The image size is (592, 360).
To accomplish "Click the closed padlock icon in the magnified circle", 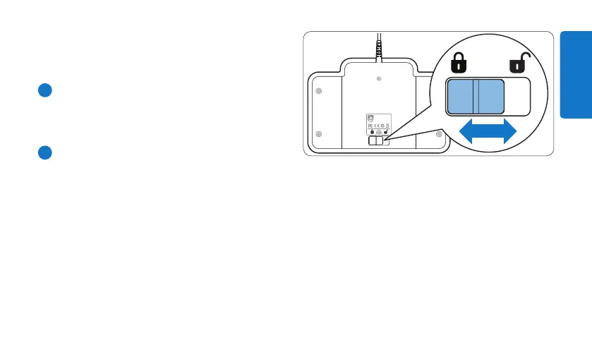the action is pos(459,66).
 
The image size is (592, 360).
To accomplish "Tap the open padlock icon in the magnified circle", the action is pos(518,66).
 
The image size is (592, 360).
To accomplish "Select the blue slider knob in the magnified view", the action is pos(476,96).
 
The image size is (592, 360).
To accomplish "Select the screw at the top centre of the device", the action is pos(380,79).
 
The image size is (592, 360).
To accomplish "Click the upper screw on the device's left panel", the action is pos(319,91).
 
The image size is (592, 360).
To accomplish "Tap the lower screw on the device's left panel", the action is pos(319,134).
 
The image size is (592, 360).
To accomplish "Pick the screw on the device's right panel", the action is pos(438,133).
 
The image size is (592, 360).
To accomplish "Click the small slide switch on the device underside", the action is pos(377,141).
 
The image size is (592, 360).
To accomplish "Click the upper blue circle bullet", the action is pos(43,90).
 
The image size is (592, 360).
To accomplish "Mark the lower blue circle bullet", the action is pos(43,152).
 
